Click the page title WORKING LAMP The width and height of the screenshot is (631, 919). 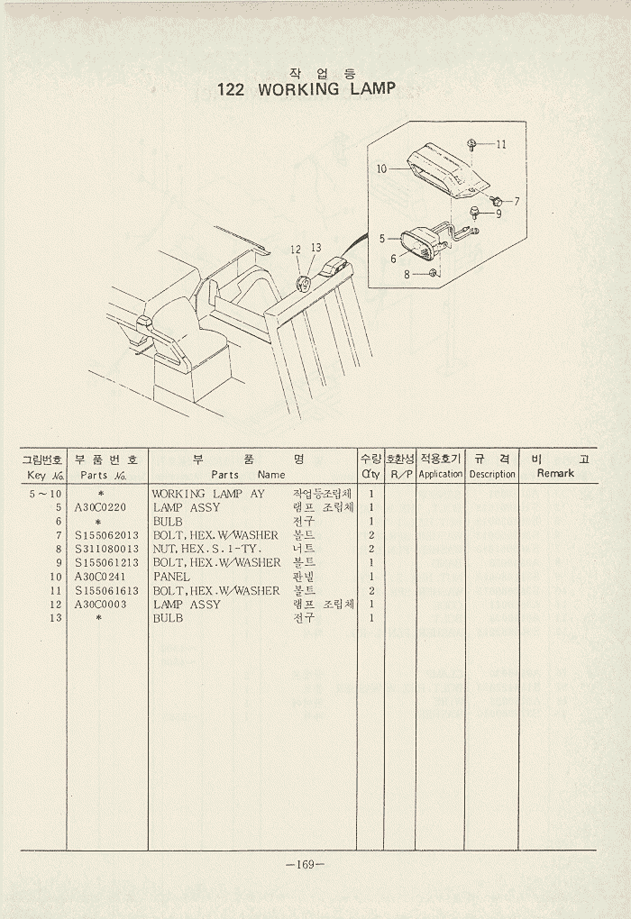(306, 89)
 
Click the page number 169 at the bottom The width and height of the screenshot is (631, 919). (305, 865)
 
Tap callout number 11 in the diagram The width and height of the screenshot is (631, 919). (501, 144)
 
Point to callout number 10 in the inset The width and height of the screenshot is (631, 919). (381, 168)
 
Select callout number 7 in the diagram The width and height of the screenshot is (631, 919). (517, 201)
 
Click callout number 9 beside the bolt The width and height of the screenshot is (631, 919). (498, 214)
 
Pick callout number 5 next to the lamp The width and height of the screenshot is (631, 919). (382, 239)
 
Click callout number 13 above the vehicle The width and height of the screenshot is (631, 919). (315, 248)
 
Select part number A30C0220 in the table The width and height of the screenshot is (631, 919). (101, 507)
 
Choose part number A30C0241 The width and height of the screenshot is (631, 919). (101, 577)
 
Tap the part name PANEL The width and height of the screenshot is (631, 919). (171, 577)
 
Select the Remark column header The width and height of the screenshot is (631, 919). (555, 473)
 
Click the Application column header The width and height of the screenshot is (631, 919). (441, 474)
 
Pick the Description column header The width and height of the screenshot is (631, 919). (492, 474)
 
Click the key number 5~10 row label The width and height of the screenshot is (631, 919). (46, 494)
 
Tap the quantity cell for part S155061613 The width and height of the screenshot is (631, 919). (371, 590)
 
